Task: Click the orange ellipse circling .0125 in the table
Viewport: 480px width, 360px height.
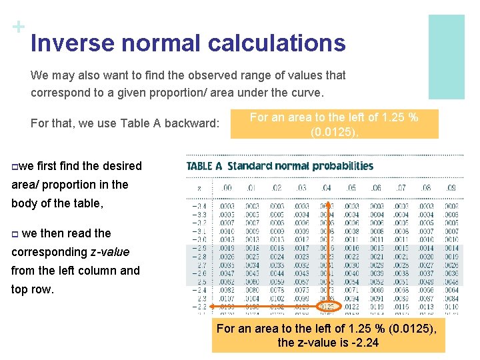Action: click(x=326, y=307)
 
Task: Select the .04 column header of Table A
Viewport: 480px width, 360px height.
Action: click(x=326, y=189)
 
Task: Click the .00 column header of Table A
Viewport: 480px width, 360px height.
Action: click(x=227, y=189)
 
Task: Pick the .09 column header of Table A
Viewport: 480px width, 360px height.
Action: click(x=451, y=189)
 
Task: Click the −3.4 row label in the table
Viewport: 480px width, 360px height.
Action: click(x=200, y=207)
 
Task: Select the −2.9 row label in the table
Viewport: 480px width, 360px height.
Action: click(x=200, y=248)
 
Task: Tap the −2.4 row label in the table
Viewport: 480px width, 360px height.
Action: click(x=200, y=290)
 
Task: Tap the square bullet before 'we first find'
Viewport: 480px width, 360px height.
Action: click(x=15, y=166)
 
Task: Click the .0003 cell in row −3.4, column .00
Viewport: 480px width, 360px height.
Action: click(x=227, y=207)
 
